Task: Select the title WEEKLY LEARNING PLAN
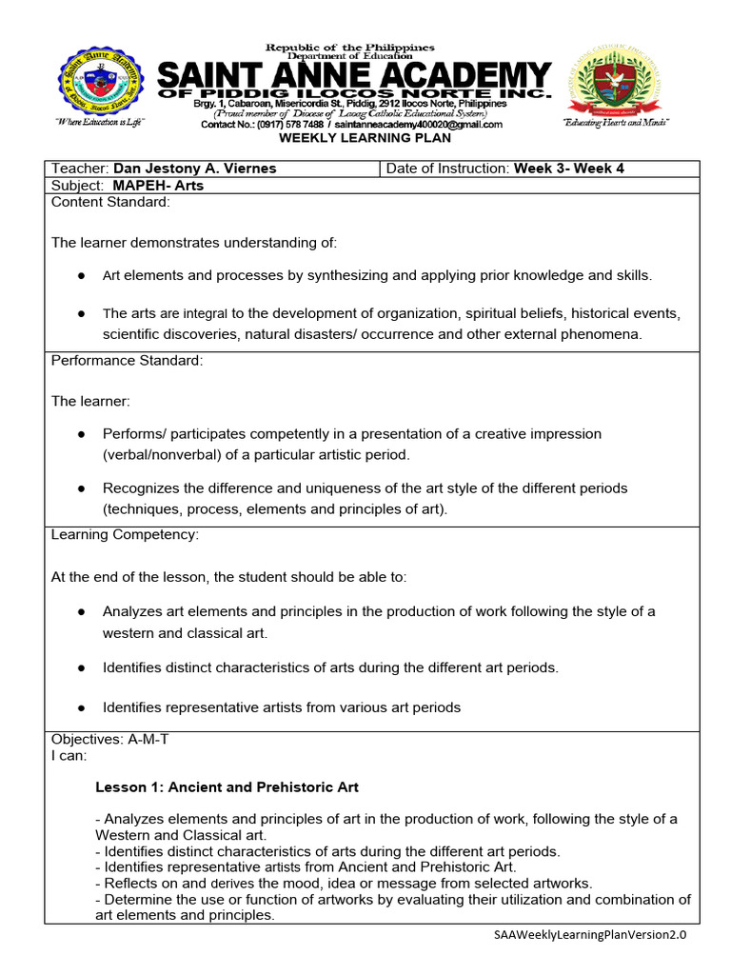pos(349,138)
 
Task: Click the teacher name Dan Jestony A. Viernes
pos(195,169)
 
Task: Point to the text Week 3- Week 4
pos(569,169)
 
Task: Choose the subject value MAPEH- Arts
pos(158,186)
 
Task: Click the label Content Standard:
pos(110,202)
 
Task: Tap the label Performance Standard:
pos(127,360)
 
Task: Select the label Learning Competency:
pos(125,534)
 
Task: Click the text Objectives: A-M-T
pos(109,739)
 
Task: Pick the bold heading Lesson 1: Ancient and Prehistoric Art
pos(227,787)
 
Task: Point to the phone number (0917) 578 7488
pos(283,125)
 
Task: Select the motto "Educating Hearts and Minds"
pos(616,124)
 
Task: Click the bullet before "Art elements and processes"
pos(82,275)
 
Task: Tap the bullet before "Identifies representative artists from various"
pos(82,707)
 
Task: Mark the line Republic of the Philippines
pos(349,48)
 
